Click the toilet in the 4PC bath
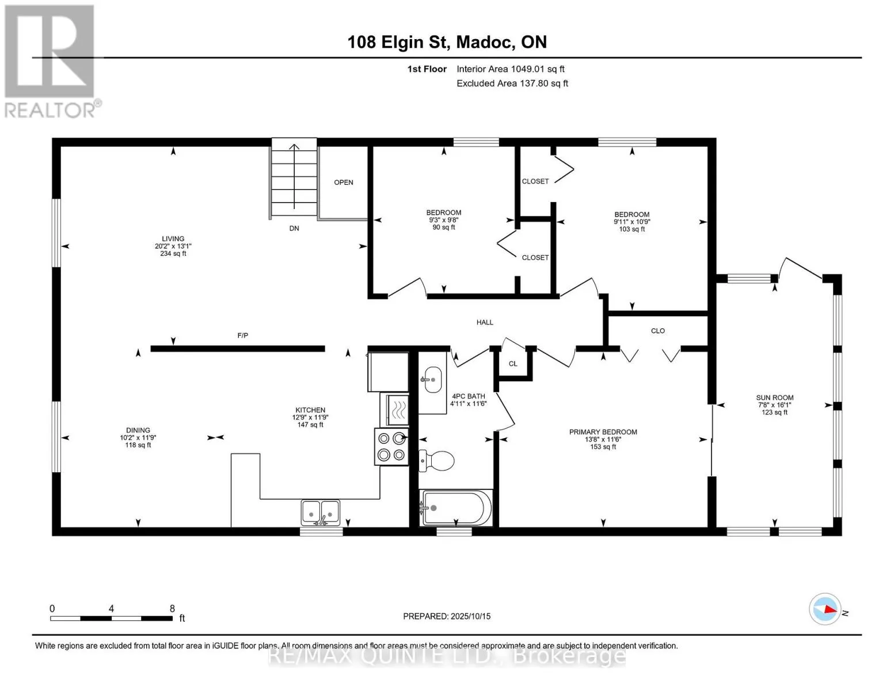[x=436, y=461]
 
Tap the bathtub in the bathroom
[x=456, y=507]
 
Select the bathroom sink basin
[x=432, y=379]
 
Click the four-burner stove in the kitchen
[x=391, y=446]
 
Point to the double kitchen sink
[x=321, y=512]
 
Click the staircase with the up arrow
[x=294, y=179]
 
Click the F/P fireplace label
[x=243, y=335]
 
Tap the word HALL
[x=485, y=322]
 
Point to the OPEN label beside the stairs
[x=344, y=183]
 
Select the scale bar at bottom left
[x=112, y=618]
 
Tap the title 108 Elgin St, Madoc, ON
[x=447, y=42]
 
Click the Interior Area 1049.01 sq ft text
[x=511, y=69]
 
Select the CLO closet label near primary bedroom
[x=658, y=331]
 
